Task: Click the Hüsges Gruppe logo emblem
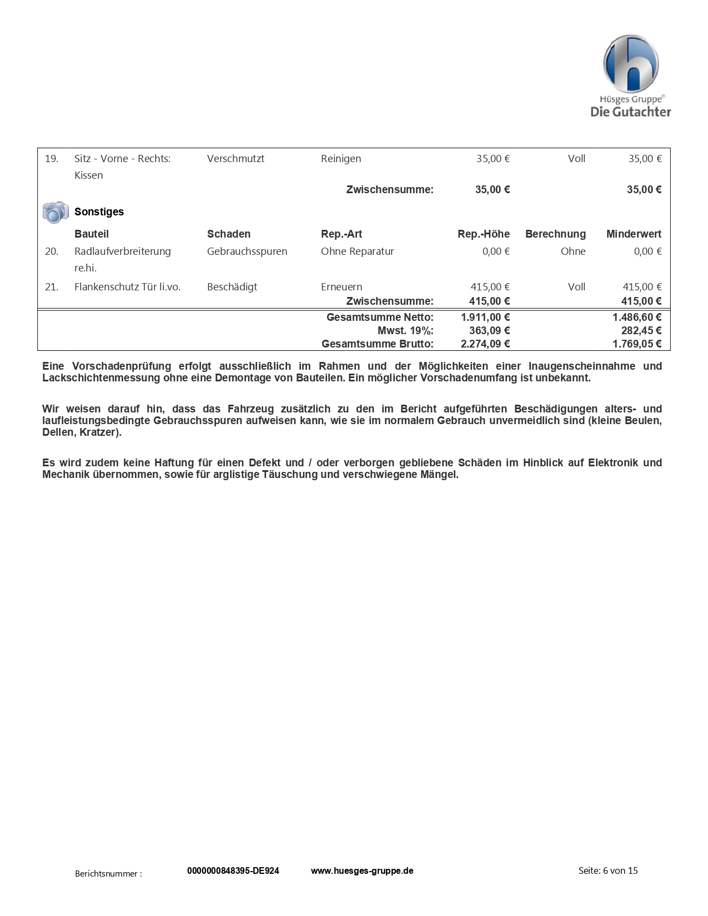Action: click(631, 64)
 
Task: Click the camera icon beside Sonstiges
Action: click(56, 212)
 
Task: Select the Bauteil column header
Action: click(92, 234)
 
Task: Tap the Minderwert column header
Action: click(634, 234)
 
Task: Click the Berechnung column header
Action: click(555, 234)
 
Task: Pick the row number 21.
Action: click(52, 287)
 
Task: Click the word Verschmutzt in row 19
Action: click(235, 159)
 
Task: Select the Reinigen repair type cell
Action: click(341, 159)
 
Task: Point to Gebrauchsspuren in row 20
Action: click(247, 251)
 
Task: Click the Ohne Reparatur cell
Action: click(357, 251)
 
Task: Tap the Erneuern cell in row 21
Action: click(342, 287)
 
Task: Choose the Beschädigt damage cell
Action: click(232, 287)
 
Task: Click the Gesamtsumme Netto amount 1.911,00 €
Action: click(485, 318)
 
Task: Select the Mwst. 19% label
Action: click(405, 331)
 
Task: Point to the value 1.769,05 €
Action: click(637, 344)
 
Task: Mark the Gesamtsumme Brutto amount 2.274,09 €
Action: click(485, 344)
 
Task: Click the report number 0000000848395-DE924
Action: click(233, 870)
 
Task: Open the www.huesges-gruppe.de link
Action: click(362, 870)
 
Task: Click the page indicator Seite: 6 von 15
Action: click(608, 870)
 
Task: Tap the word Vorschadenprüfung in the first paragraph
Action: click(122, 366)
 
